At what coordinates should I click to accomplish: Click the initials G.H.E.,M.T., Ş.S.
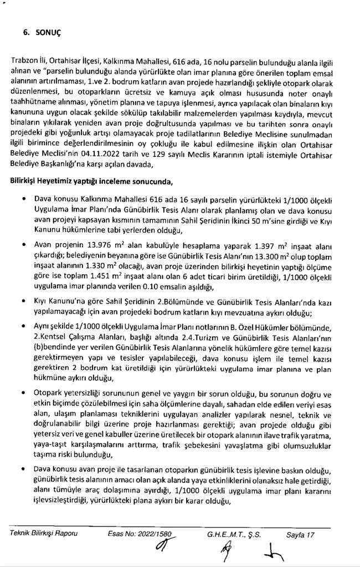pyautogui.click(x=233, y=534)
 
